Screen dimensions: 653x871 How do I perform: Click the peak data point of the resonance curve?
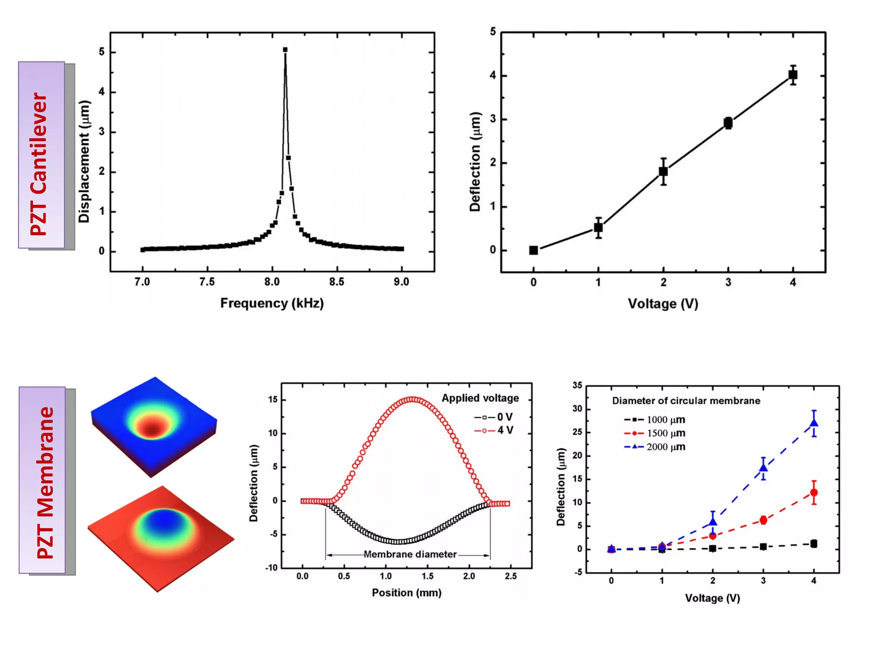point(285,50)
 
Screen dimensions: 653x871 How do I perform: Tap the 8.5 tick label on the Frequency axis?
point(336,282)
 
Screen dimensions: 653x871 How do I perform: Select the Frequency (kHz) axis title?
point(272,303)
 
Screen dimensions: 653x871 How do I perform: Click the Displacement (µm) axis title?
point(84,162)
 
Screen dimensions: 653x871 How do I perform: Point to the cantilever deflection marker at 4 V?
point(793,75)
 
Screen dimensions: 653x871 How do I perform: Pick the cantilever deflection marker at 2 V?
point(663,171)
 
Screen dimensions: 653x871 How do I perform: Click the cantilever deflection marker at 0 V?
point(533,250)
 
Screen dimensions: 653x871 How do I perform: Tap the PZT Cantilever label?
point(39,164)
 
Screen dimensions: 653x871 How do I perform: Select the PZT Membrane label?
point(45,483)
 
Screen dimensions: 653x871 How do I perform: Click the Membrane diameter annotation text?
point(410,554)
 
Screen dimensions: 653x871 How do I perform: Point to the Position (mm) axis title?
point(407,593)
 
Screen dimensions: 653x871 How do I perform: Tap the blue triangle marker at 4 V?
point(814,423)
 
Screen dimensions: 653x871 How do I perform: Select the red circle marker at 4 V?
point(814,493)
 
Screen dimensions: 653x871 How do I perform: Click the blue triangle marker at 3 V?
point(763,468)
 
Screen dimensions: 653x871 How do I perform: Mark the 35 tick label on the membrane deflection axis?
point(577,386)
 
